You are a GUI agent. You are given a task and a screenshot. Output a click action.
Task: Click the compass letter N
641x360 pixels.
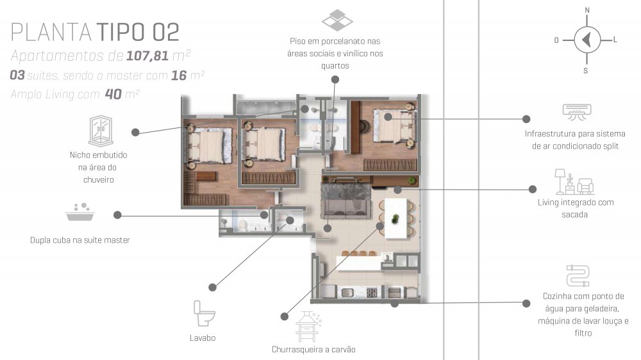click(x=587, y=10)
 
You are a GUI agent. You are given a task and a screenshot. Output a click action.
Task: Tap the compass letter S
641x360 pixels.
click(x=585, y=70)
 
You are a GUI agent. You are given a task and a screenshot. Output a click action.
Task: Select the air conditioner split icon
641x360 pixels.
click(x=577, y=111)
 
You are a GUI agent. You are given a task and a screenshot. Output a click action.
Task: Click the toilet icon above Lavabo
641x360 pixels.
click(x=204, y=313)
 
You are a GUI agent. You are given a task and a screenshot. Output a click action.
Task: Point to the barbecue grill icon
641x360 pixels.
click(x=308, y=327)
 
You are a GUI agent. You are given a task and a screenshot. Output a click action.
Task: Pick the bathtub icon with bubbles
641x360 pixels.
click(x=80, y=211)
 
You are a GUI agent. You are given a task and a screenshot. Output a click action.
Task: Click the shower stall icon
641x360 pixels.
click(x=101, y=131)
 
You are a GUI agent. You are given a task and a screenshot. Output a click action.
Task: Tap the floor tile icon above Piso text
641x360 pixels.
click(x=337, y=20)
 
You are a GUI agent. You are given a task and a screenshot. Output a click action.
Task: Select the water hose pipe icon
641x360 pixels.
click(x=578, y=276)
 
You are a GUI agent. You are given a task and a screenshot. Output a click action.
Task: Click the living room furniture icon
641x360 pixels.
click(x=574, y=182)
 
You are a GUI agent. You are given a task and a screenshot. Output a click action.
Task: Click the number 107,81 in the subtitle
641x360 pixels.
click(x=147, y=56)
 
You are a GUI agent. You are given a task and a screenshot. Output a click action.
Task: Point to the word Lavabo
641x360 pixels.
click(x=203, y=338)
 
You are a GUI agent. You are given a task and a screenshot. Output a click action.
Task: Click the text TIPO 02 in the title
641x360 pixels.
click(x=138, y=32)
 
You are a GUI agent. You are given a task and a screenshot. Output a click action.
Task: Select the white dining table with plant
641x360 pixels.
click(x=396, y=218)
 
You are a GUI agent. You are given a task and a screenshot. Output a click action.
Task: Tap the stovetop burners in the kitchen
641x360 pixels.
click(x=372, y=292)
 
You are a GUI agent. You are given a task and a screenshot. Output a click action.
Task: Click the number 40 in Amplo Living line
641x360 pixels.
click(x=113, y=94)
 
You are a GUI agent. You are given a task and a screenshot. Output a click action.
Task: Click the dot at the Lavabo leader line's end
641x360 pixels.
click(x=212, y=287)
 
